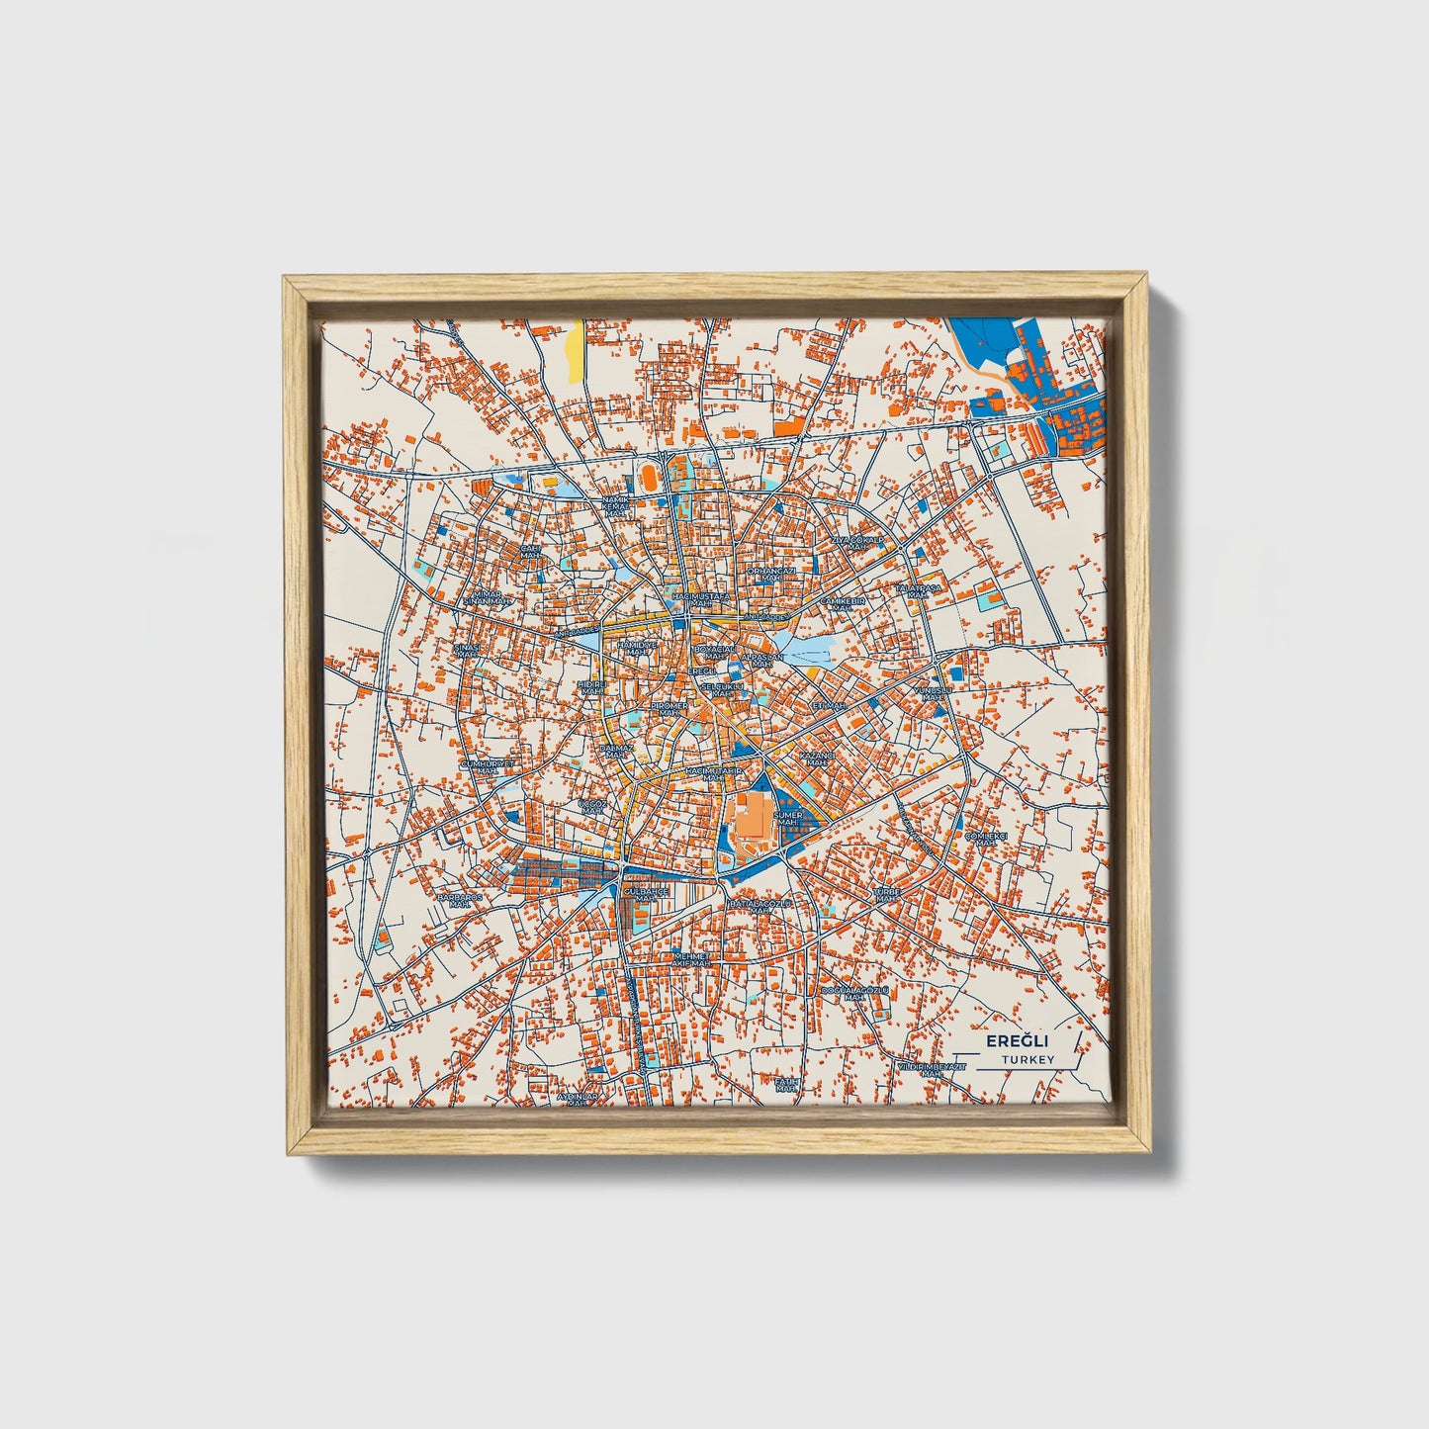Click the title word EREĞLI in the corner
click(x=1017, y=1041)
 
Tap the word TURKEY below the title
click(x=1027, y=1059)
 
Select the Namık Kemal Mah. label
click(x=615, y=507)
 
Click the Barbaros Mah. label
click(x=459, y=900)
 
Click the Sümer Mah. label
click(x=788, y=818)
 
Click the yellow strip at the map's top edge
click(x=574, y=349)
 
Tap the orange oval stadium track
click(x=648, y=478)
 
